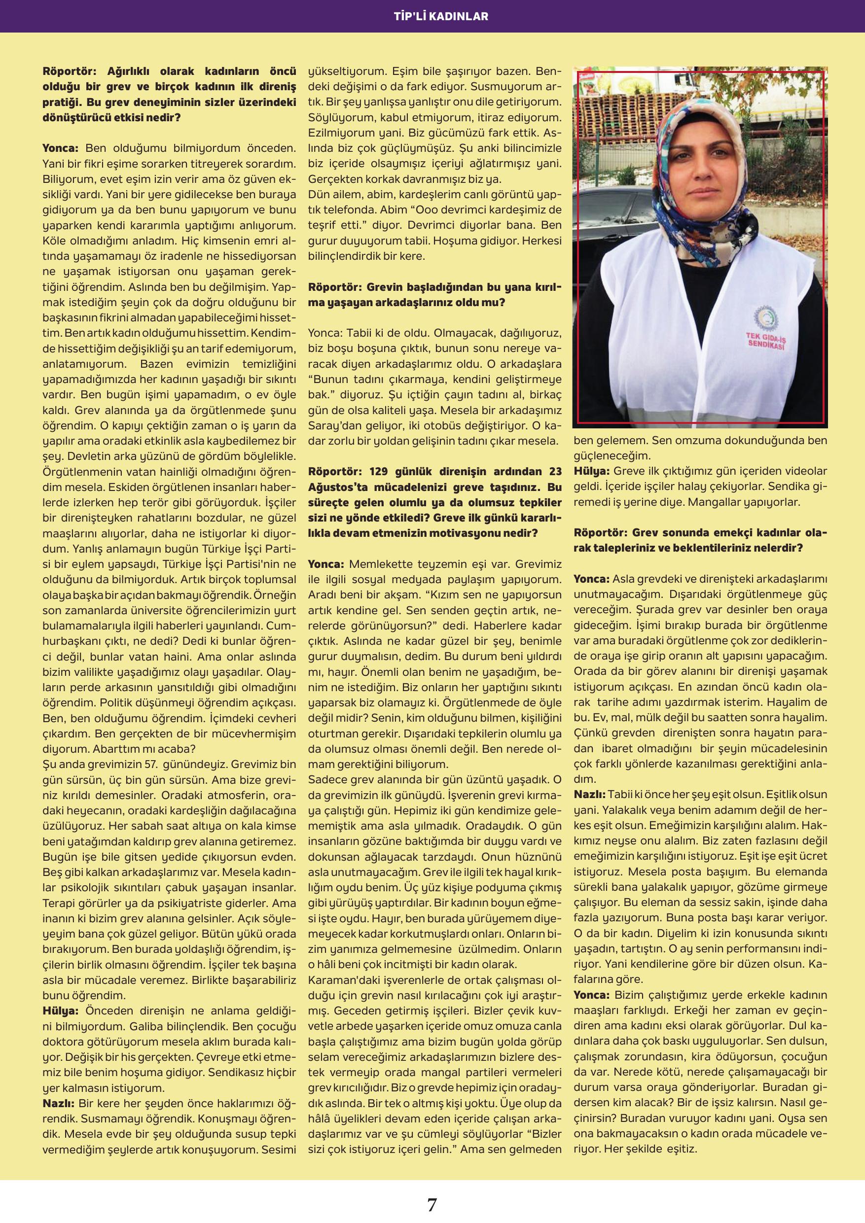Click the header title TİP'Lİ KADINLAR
tap(432, 16)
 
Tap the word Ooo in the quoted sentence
tap(428, 210)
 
